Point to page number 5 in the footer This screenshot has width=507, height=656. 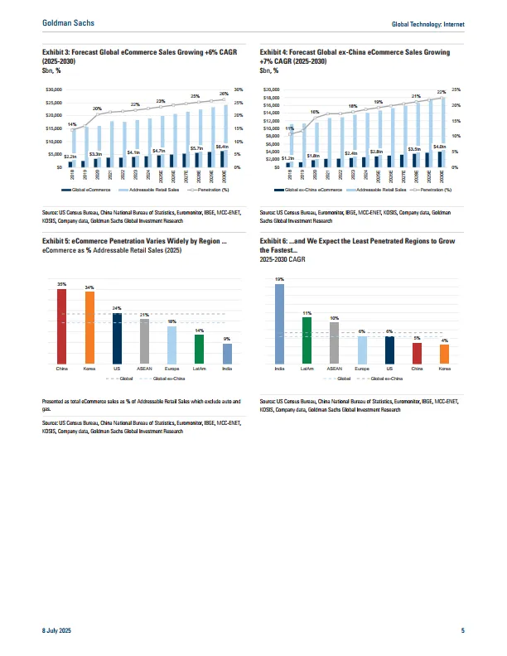click(462, 633)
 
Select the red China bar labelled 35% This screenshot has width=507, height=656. click(61, 326)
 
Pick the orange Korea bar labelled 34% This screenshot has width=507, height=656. click(89, 327)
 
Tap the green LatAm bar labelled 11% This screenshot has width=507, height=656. click(307, 340)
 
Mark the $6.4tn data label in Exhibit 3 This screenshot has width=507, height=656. click(222, 147)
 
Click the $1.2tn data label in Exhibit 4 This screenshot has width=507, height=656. click(288, 157)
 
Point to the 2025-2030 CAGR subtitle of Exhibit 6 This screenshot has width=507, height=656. click(282, 259)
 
